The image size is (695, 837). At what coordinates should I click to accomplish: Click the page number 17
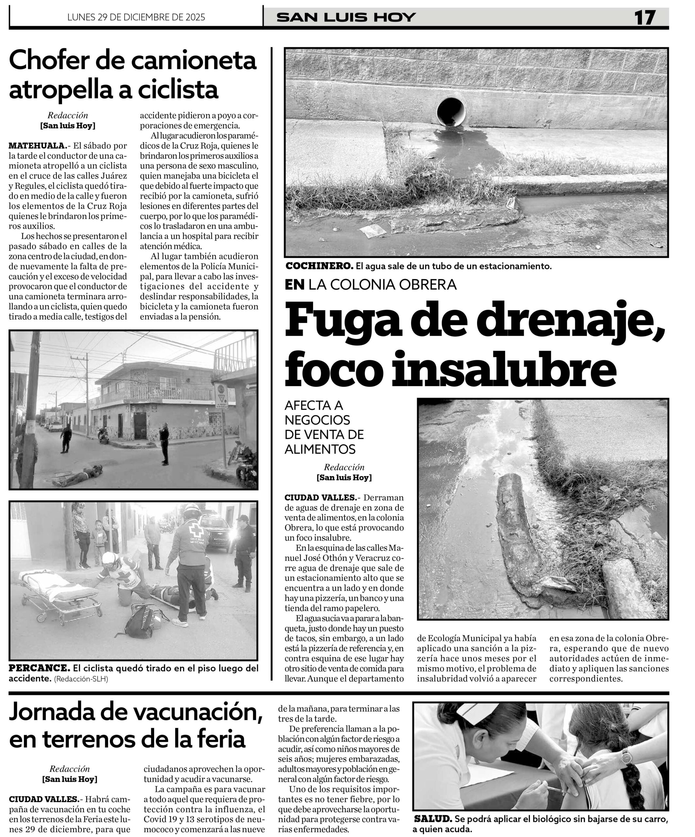point(645,18)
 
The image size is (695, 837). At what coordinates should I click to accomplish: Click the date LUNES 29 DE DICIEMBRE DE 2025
point(136,17)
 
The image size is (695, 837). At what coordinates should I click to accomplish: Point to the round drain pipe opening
point(451,111)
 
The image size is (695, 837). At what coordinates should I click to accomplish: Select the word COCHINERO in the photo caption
point(319,266)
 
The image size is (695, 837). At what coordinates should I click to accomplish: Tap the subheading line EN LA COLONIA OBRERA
point(371,284)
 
